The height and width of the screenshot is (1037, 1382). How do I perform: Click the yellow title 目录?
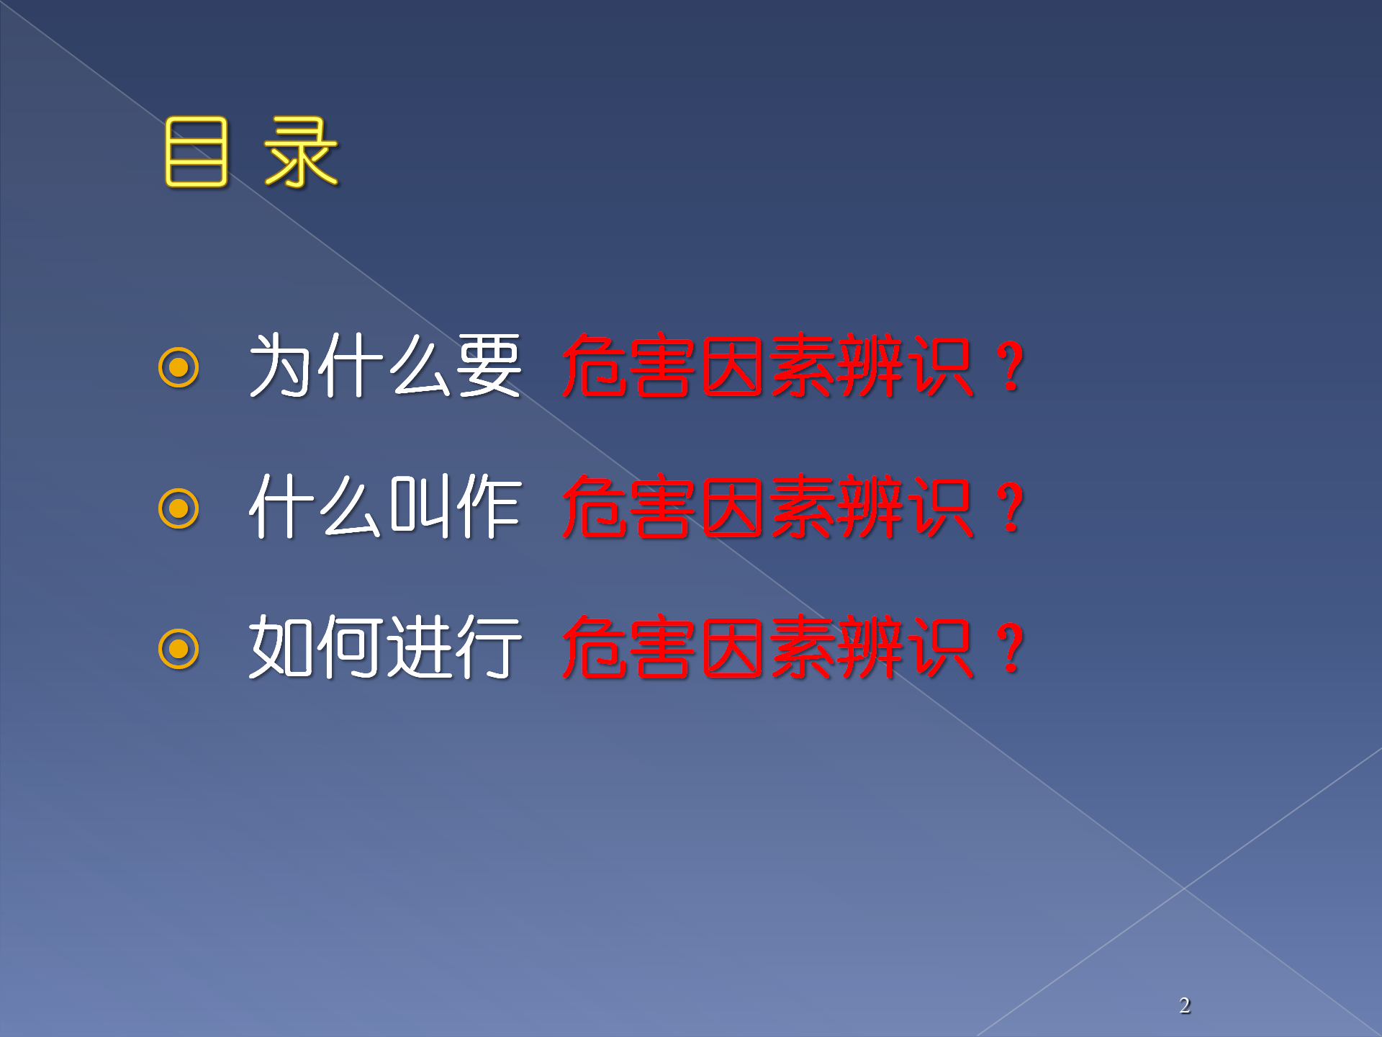(x=250, y=153)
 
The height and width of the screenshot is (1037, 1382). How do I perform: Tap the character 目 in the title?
(x=196, y=153)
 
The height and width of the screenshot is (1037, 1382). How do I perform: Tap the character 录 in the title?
(x=301, y=153)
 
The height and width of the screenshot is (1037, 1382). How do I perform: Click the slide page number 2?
(x=1185, y=1005)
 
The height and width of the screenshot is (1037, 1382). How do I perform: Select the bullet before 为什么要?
(x=179, y=367)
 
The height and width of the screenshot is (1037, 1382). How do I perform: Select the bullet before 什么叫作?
(x=179, y=508)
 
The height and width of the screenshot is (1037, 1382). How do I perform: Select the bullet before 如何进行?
(x=179, y=649)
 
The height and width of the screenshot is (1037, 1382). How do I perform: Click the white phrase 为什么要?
(x=385, y=365)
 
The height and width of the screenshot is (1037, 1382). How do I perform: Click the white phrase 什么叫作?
(x=385, y=506)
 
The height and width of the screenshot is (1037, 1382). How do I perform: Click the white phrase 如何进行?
(x=385, y=647)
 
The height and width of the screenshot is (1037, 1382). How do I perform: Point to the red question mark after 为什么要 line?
(x=1011, y=367)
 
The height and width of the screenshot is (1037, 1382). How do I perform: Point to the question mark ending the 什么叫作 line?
(x=1011, y=508)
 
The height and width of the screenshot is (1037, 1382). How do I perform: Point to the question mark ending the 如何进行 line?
(x=1011, y=648)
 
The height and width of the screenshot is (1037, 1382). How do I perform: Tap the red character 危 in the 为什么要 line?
(x=595, y=365)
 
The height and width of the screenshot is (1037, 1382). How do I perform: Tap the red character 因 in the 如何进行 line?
(x=733, y=647)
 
